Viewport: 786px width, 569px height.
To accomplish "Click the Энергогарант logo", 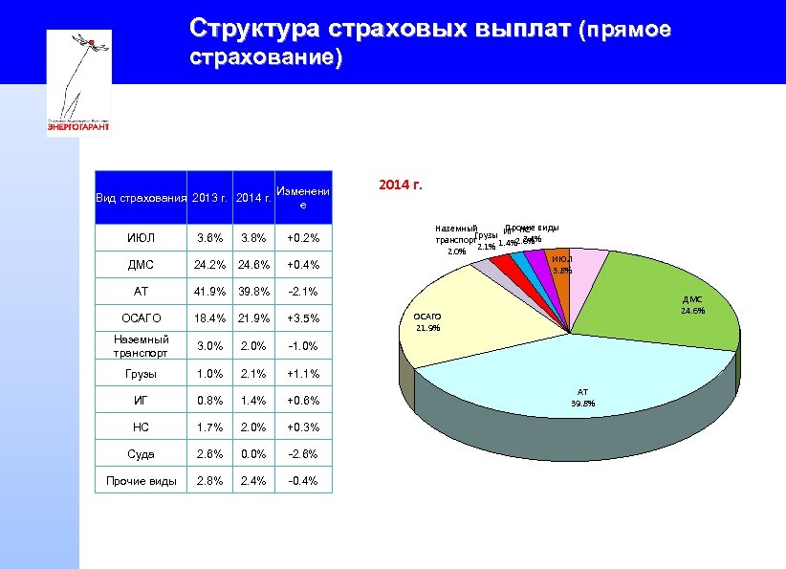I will pyautogui.click(x=79, y=83).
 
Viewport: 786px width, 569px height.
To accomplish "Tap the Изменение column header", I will pyautogui.click(x=302, y=198).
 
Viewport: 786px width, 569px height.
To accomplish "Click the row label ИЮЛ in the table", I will pyautogui.click(x=142, y=238).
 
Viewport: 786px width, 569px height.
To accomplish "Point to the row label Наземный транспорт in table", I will pyautogui.click(x=142, y=345).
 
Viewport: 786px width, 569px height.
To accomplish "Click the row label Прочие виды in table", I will pyautogui.click(x=142, y=481).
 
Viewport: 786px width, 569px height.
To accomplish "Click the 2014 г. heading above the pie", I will pyautogui.click(x=401, y=184).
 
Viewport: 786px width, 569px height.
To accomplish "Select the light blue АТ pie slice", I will pyautogui.click(x=574, y=383).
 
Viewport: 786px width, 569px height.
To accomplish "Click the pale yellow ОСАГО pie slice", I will pyautogui.click(x=478, y=316).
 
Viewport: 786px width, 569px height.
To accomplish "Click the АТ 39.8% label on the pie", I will pyautogui.click(x=582, y=397).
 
